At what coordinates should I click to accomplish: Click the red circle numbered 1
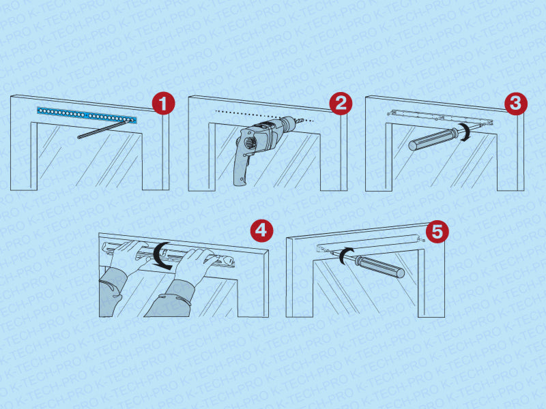[163, 103]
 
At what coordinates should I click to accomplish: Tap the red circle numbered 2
[341, 104]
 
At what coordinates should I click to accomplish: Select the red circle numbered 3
[516, 104]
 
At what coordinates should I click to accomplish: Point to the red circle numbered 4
[261, 230]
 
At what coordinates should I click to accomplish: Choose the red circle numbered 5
[437, 230]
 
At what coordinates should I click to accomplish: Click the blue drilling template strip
[87, 115]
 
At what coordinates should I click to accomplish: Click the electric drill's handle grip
[242, 167]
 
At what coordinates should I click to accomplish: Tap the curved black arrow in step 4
[161, 256]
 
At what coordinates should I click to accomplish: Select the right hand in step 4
[196, 262]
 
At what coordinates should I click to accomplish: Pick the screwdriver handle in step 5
[380, 267]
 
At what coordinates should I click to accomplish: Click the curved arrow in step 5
[344, 255]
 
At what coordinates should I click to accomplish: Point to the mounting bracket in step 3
[440, 117]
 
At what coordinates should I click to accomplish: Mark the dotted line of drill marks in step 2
[265, 116]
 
